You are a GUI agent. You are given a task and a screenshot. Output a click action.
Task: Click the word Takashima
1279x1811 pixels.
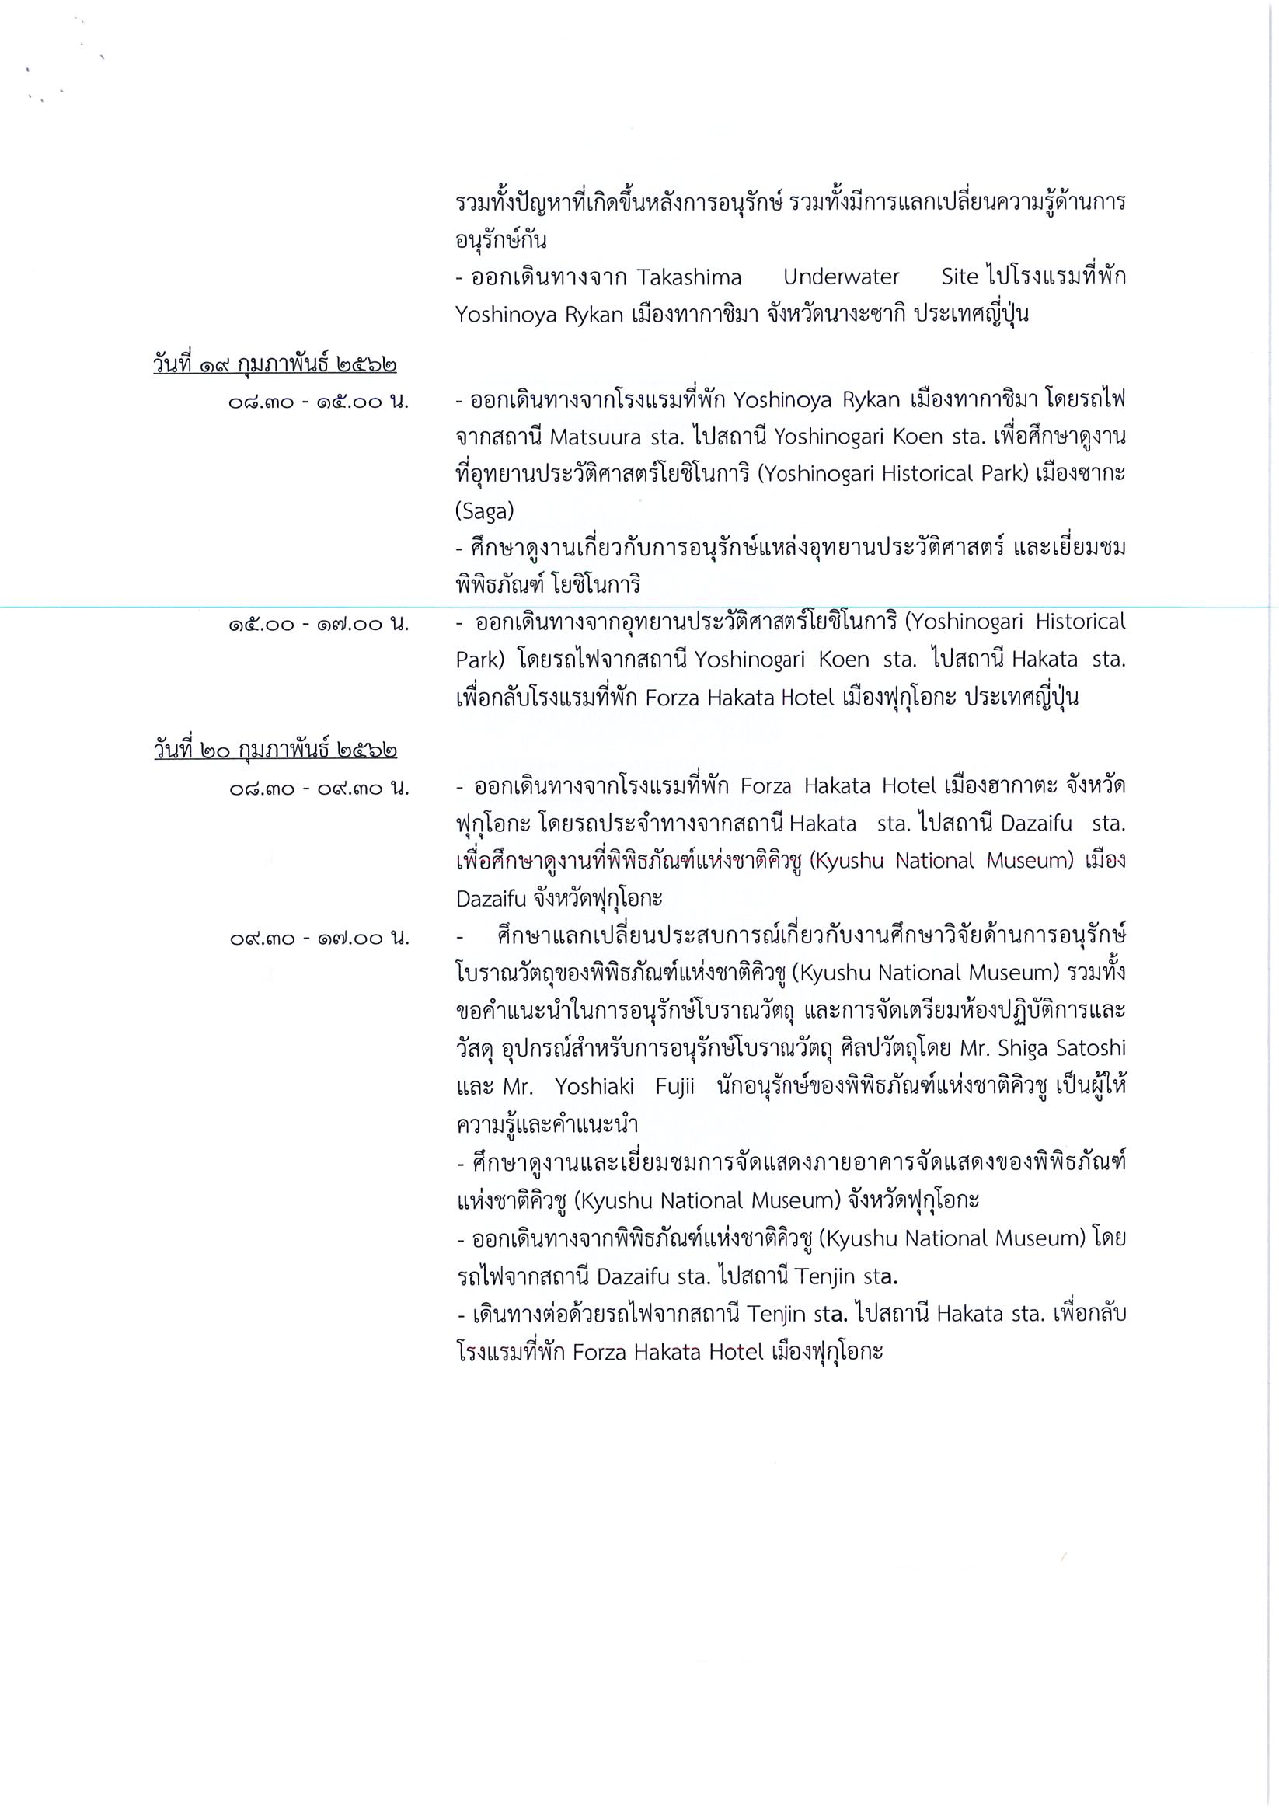pos(688,277)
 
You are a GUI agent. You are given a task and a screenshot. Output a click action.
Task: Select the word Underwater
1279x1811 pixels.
pos(841,277)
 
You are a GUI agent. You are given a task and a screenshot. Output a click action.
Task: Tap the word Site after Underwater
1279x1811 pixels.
pos(960,277)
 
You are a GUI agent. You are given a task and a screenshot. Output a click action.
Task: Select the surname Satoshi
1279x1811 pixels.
pos(1091,1048)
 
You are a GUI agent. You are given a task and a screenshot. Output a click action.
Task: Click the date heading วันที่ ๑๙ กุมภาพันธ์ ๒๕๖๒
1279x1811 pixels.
pos(274,364)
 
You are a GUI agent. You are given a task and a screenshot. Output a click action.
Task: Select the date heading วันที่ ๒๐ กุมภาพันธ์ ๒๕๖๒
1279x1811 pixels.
pos(274,749)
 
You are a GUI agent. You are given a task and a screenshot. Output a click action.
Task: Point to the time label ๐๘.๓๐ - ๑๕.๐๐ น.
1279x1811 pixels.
pos(319,402)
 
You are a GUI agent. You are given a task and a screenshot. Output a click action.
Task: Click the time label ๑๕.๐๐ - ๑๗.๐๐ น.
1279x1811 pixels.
pos(319,625)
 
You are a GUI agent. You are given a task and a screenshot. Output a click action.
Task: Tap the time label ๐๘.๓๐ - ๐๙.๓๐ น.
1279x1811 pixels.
pos(319,787)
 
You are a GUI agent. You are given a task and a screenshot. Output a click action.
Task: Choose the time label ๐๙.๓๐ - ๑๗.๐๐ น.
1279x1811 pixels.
pos(319,938)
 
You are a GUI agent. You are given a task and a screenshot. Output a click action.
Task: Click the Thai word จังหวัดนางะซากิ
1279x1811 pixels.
pos(827,315)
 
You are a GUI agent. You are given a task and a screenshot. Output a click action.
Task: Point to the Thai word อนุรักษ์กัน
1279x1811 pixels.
pos(501,240)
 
